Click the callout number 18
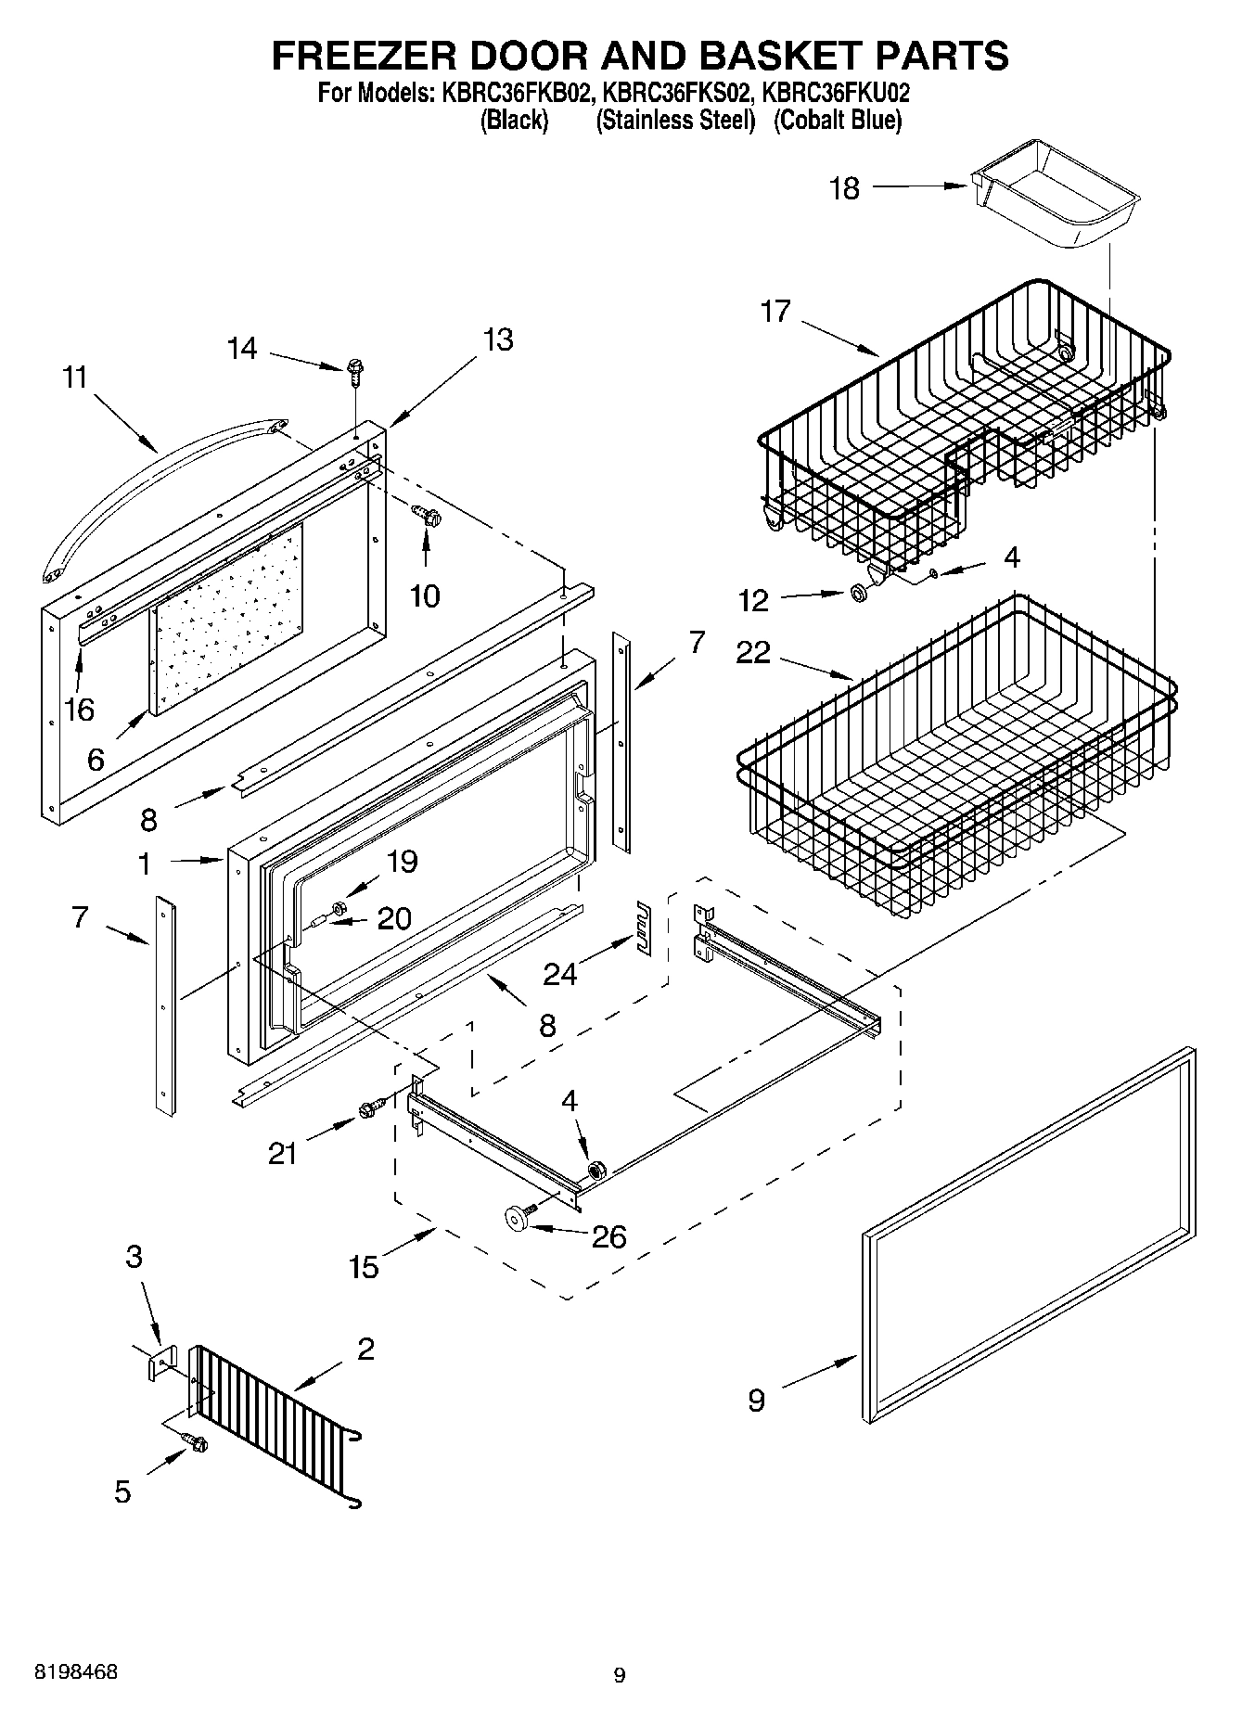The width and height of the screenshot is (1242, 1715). tap(844, 188)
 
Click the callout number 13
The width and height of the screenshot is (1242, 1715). tap(498, 339)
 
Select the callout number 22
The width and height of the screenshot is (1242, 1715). tap(753, 652)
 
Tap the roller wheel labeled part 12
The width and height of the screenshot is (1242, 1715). tap(859, 593)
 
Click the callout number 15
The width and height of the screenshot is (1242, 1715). tap(364, 1266)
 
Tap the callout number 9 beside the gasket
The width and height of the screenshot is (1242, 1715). tap(756, 1400)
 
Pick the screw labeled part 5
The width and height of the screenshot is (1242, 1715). tap(197, 1443)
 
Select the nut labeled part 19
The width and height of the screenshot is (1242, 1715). tap(339, 904)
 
